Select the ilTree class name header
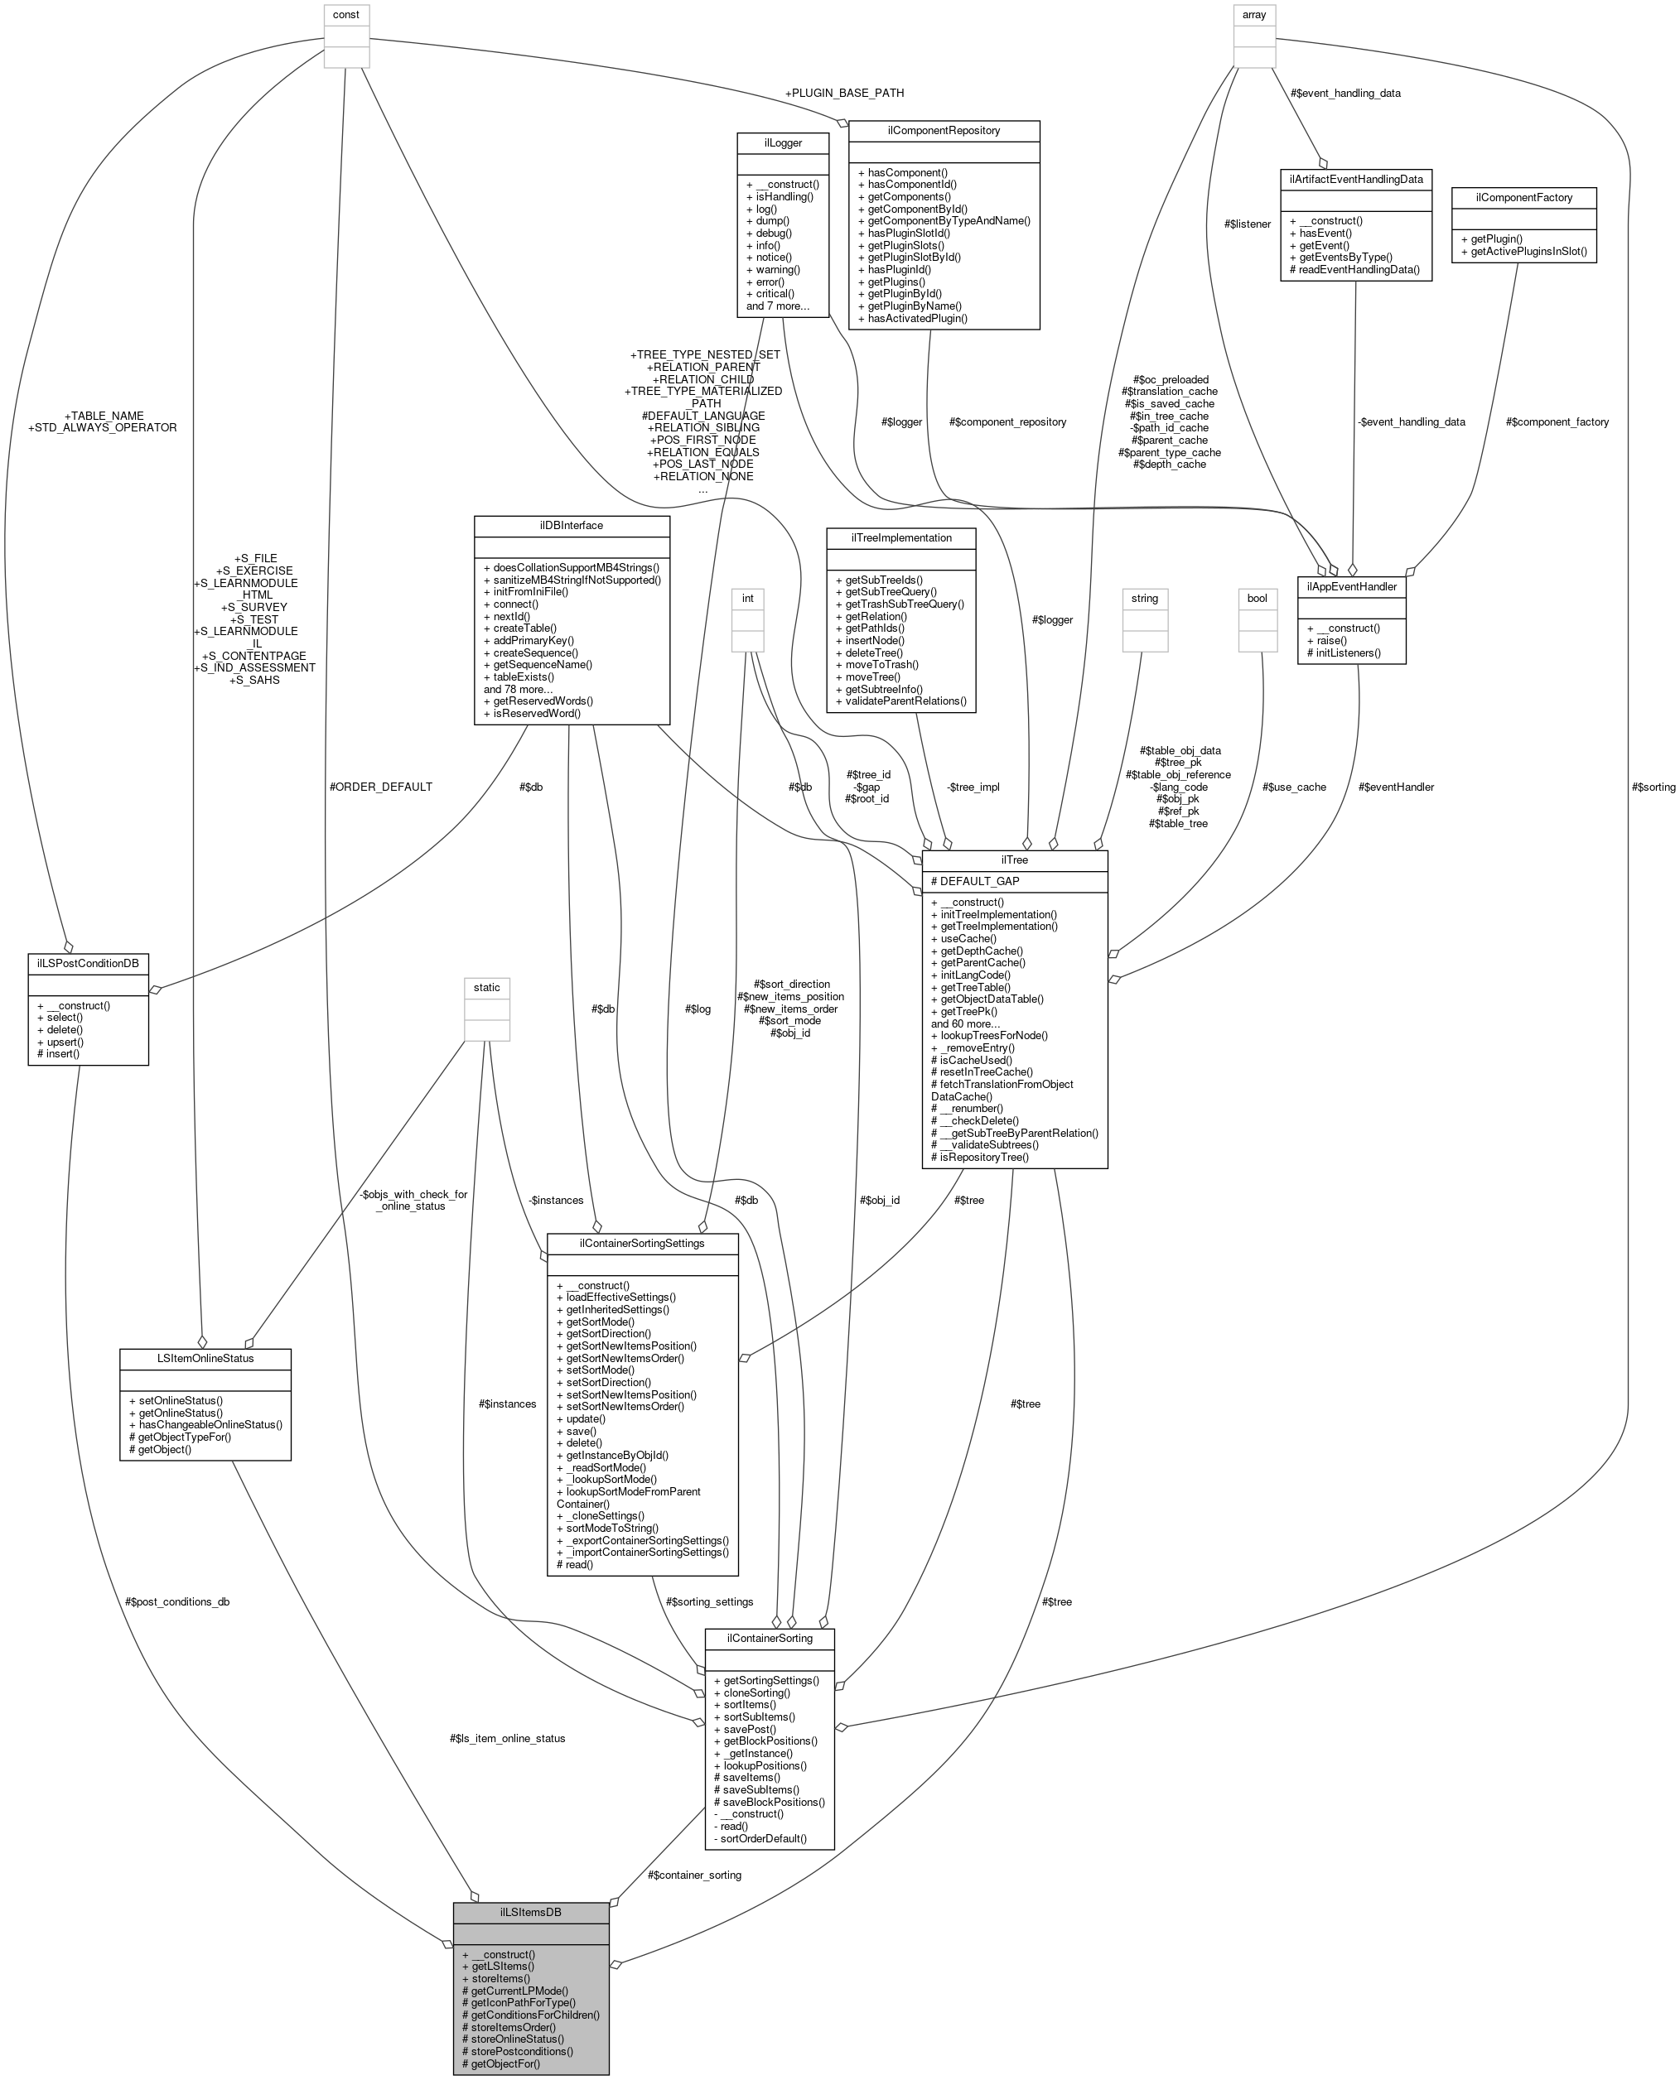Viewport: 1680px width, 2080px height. [x=1014, y=860]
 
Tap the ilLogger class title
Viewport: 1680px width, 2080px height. [x=782, y=142]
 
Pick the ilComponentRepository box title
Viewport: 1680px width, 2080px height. [x=943, y=131]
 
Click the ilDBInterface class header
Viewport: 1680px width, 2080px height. [x=571, y=525]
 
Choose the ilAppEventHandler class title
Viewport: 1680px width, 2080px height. [x=1351, y=586]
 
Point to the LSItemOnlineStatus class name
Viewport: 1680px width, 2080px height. [x=205, y=1358]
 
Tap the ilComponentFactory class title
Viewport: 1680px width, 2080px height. [x=1523, y=197]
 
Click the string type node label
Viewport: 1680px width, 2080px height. [x=1144, y=598]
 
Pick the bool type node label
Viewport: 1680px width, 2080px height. [x=1257, y=598]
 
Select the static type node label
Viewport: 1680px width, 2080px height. [x=487, y=987]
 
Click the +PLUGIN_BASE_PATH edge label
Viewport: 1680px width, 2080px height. [x=845, y=93]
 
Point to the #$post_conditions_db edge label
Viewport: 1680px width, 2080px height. [x=177, y=1602]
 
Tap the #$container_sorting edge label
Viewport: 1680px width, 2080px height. [x=694, y=1875]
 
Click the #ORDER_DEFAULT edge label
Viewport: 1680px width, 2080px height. [x=380, y=787]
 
